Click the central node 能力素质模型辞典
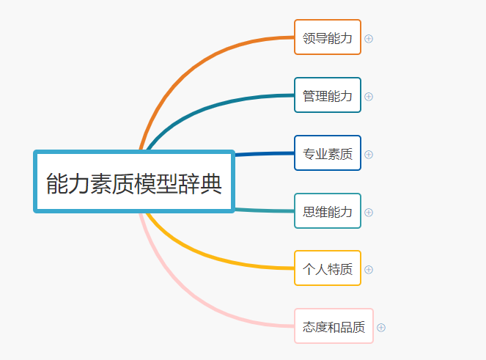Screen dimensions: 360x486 (134, 182)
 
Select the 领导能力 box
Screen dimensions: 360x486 (327, 37)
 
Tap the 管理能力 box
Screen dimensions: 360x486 (327, 95)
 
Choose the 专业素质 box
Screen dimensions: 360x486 (327, 153)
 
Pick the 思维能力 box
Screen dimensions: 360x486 (327, 211)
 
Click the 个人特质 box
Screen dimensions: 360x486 (327, 268)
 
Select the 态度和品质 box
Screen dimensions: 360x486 (334, 326)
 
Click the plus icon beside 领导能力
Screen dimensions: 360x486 (369, 38)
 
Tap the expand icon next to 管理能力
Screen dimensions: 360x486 (369, 96)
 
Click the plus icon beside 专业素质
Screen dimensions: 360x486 (369, 154)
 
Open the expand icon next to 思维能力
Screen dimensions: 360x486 (369, 212)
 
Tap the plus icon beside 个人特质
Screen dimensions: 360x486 (369, 269)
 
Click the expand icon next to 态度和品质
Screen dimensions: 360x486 (381, 327)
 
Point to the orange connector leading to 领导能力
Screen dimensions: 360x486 (191, 59)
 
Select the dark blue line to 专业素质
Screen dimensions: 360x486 (264, 154)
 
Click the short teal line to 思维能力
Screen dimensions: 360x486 (264, 211)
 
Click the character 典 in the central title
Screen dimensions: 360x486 (211, 183)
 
